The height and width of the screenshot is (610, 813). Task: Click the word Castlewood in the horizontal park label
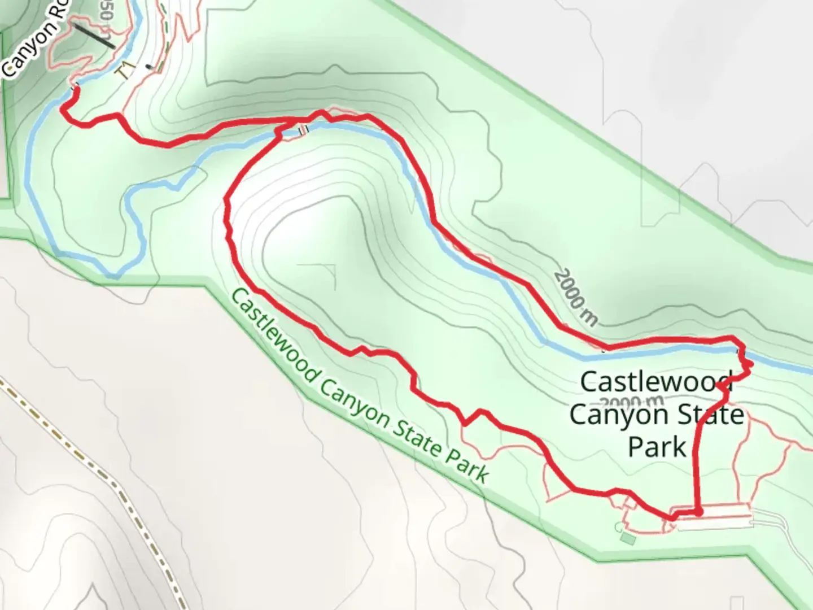656,382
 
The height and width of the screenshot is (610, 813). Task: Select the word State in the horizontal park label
713,415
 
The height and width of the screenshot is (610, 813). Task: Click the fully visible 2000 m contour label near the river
575,298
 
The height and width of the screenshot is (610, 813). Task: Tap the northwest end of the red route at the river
75,89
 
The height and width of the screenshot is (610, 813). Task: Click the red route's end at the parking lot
699,512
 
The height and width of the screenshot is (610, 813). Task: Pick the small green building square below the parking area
627,540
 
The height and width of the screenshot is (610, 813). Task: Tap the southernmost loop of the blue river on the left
113,275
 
